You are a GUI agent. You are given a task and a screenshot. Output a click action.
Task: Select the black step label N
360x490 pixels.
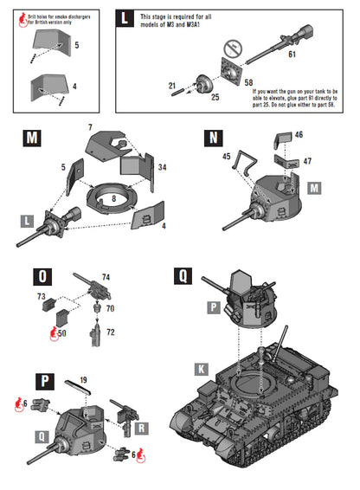[213, 139]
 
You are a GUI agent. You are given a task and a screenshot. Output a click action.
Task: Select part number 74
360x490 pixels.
[106, 276]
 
